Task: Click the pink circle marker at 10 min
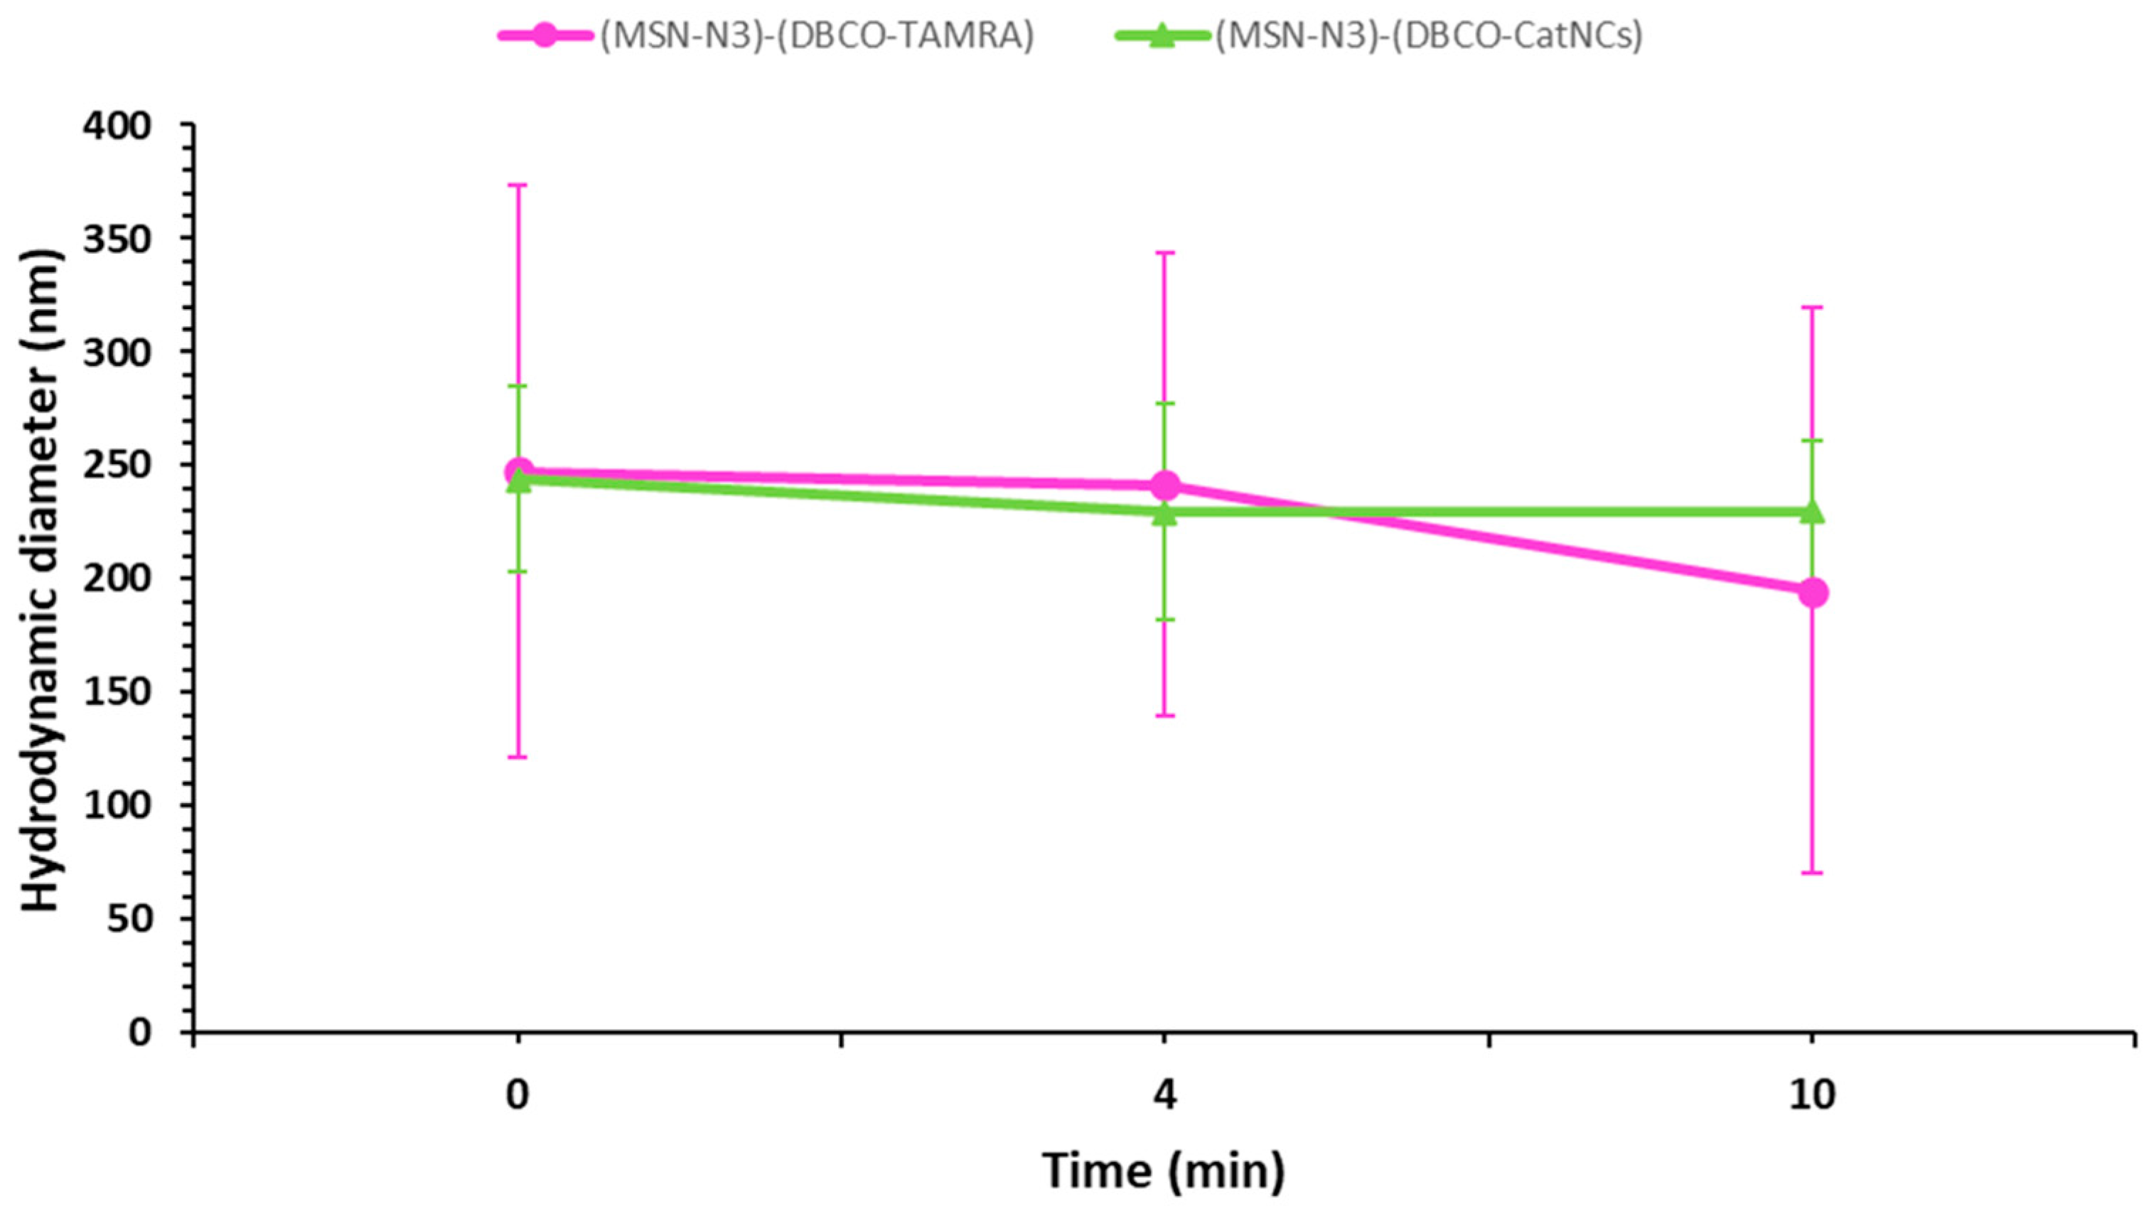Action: point(1812,593)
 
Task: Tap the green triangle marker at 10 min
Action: point(1812,510)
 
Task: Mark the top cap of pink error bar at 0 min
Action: point(518,185)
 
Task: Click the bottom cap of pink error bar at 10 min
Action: point(1812,873)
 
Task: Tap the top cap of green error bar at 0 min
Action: point(518,386)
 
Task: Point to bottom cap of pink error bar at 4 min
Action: point(1165,716)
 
